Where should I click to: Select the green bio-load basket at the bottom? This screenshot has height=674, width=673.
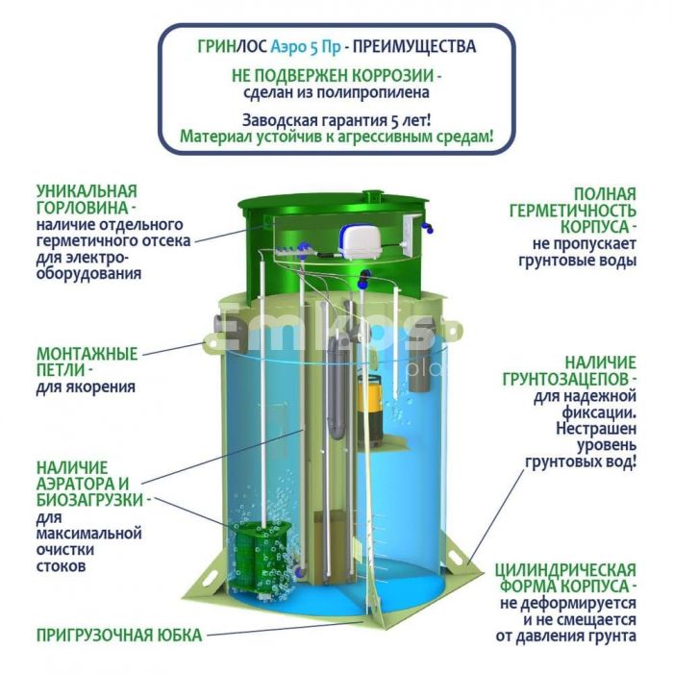[x=260, y=556]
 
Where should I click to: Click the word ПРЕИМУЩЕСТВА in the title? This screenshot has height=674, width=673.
[x=414, y=46]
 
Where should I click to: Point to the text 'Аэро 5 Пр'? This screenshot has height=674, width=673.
[x=306, y=47]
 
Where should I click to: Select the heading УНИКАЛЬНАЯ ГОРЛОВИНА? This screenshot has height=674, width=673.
[x=87, y=199]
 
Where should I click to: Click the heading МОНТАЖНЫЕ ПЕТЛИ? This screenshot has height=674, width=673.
[x=87, y=362]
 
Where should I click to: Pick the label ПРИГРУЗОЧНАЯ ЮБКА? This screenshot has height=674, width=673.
[x=119, y=636]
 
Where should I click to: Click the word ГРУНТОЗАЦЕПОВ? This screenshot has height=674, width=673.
[x=567, y=380]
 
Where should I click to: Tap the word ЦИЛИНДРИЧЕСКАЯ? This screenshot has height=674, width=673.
[x=565, y=570]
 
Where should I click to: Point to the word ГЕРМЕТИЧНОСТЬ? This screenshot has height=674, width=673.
[x=572, y=212]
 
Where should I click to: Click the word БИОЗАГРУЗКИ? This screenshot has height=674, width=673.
[x=89, y=500]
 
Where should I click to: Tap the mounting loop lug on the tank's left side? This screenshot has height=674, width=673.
[x=212, y=345]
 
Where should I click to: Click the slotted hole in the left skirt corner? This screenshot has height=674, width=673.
[x=210, y=577]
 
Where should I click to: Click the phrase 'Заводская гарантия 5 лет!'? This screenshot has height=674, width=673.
[x=336, y=120]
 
